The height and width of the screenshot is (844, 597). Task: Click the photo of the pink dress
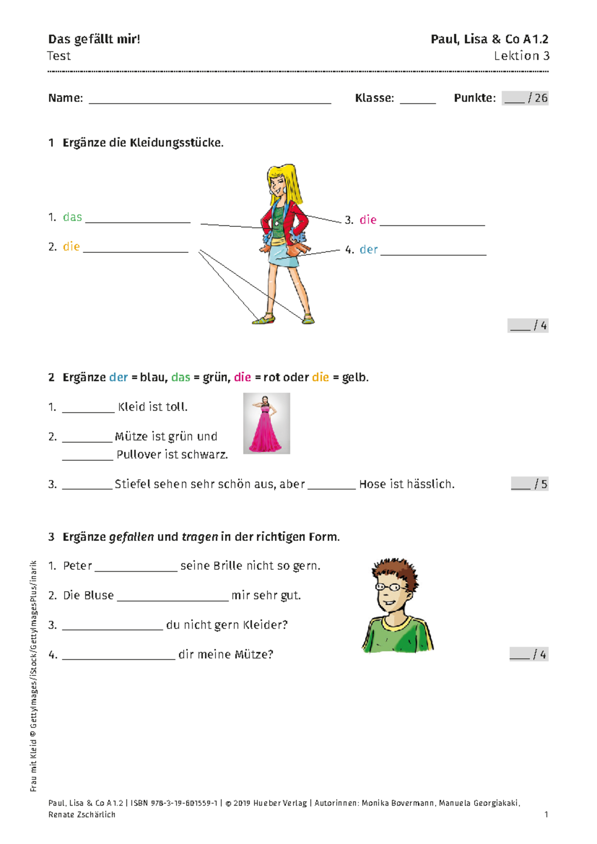[x=266, y=423]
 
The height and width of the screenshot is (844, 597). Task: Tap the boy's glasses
[x=392, y=587]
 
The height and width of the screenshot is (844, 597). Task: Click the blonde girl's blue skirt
[x=284, y=256]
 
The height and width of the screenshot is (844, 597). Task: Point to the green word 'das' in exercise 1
[x=72, y=217]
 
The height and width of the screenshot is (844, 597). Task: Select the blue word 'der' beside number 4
[x=368, y=249]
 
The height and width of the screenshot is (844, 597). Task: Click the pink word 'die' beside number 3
[x=368, y=219]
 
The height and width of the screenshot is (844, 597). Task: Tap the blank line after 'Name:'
[x=210, y=103]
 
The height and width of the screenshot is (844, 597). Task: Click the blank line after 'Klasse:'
[x=418, y=103]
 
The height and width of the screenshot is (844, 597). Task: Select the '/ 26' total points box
[x=525, y=98]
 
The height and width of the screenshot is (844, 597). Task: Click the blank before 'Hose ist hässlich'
[x=331, y=489]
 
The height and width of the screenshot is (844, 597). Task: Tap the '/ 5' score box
[x=529, y=484]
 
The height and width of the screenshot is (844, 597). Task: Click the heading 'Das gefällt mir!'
[x=94, y=39]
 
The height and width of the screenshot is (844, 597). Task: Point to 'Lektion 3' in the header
[x=522, y=56]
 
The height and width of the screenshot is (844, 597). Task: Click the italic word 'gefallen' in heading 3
[x=131, y=536]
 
